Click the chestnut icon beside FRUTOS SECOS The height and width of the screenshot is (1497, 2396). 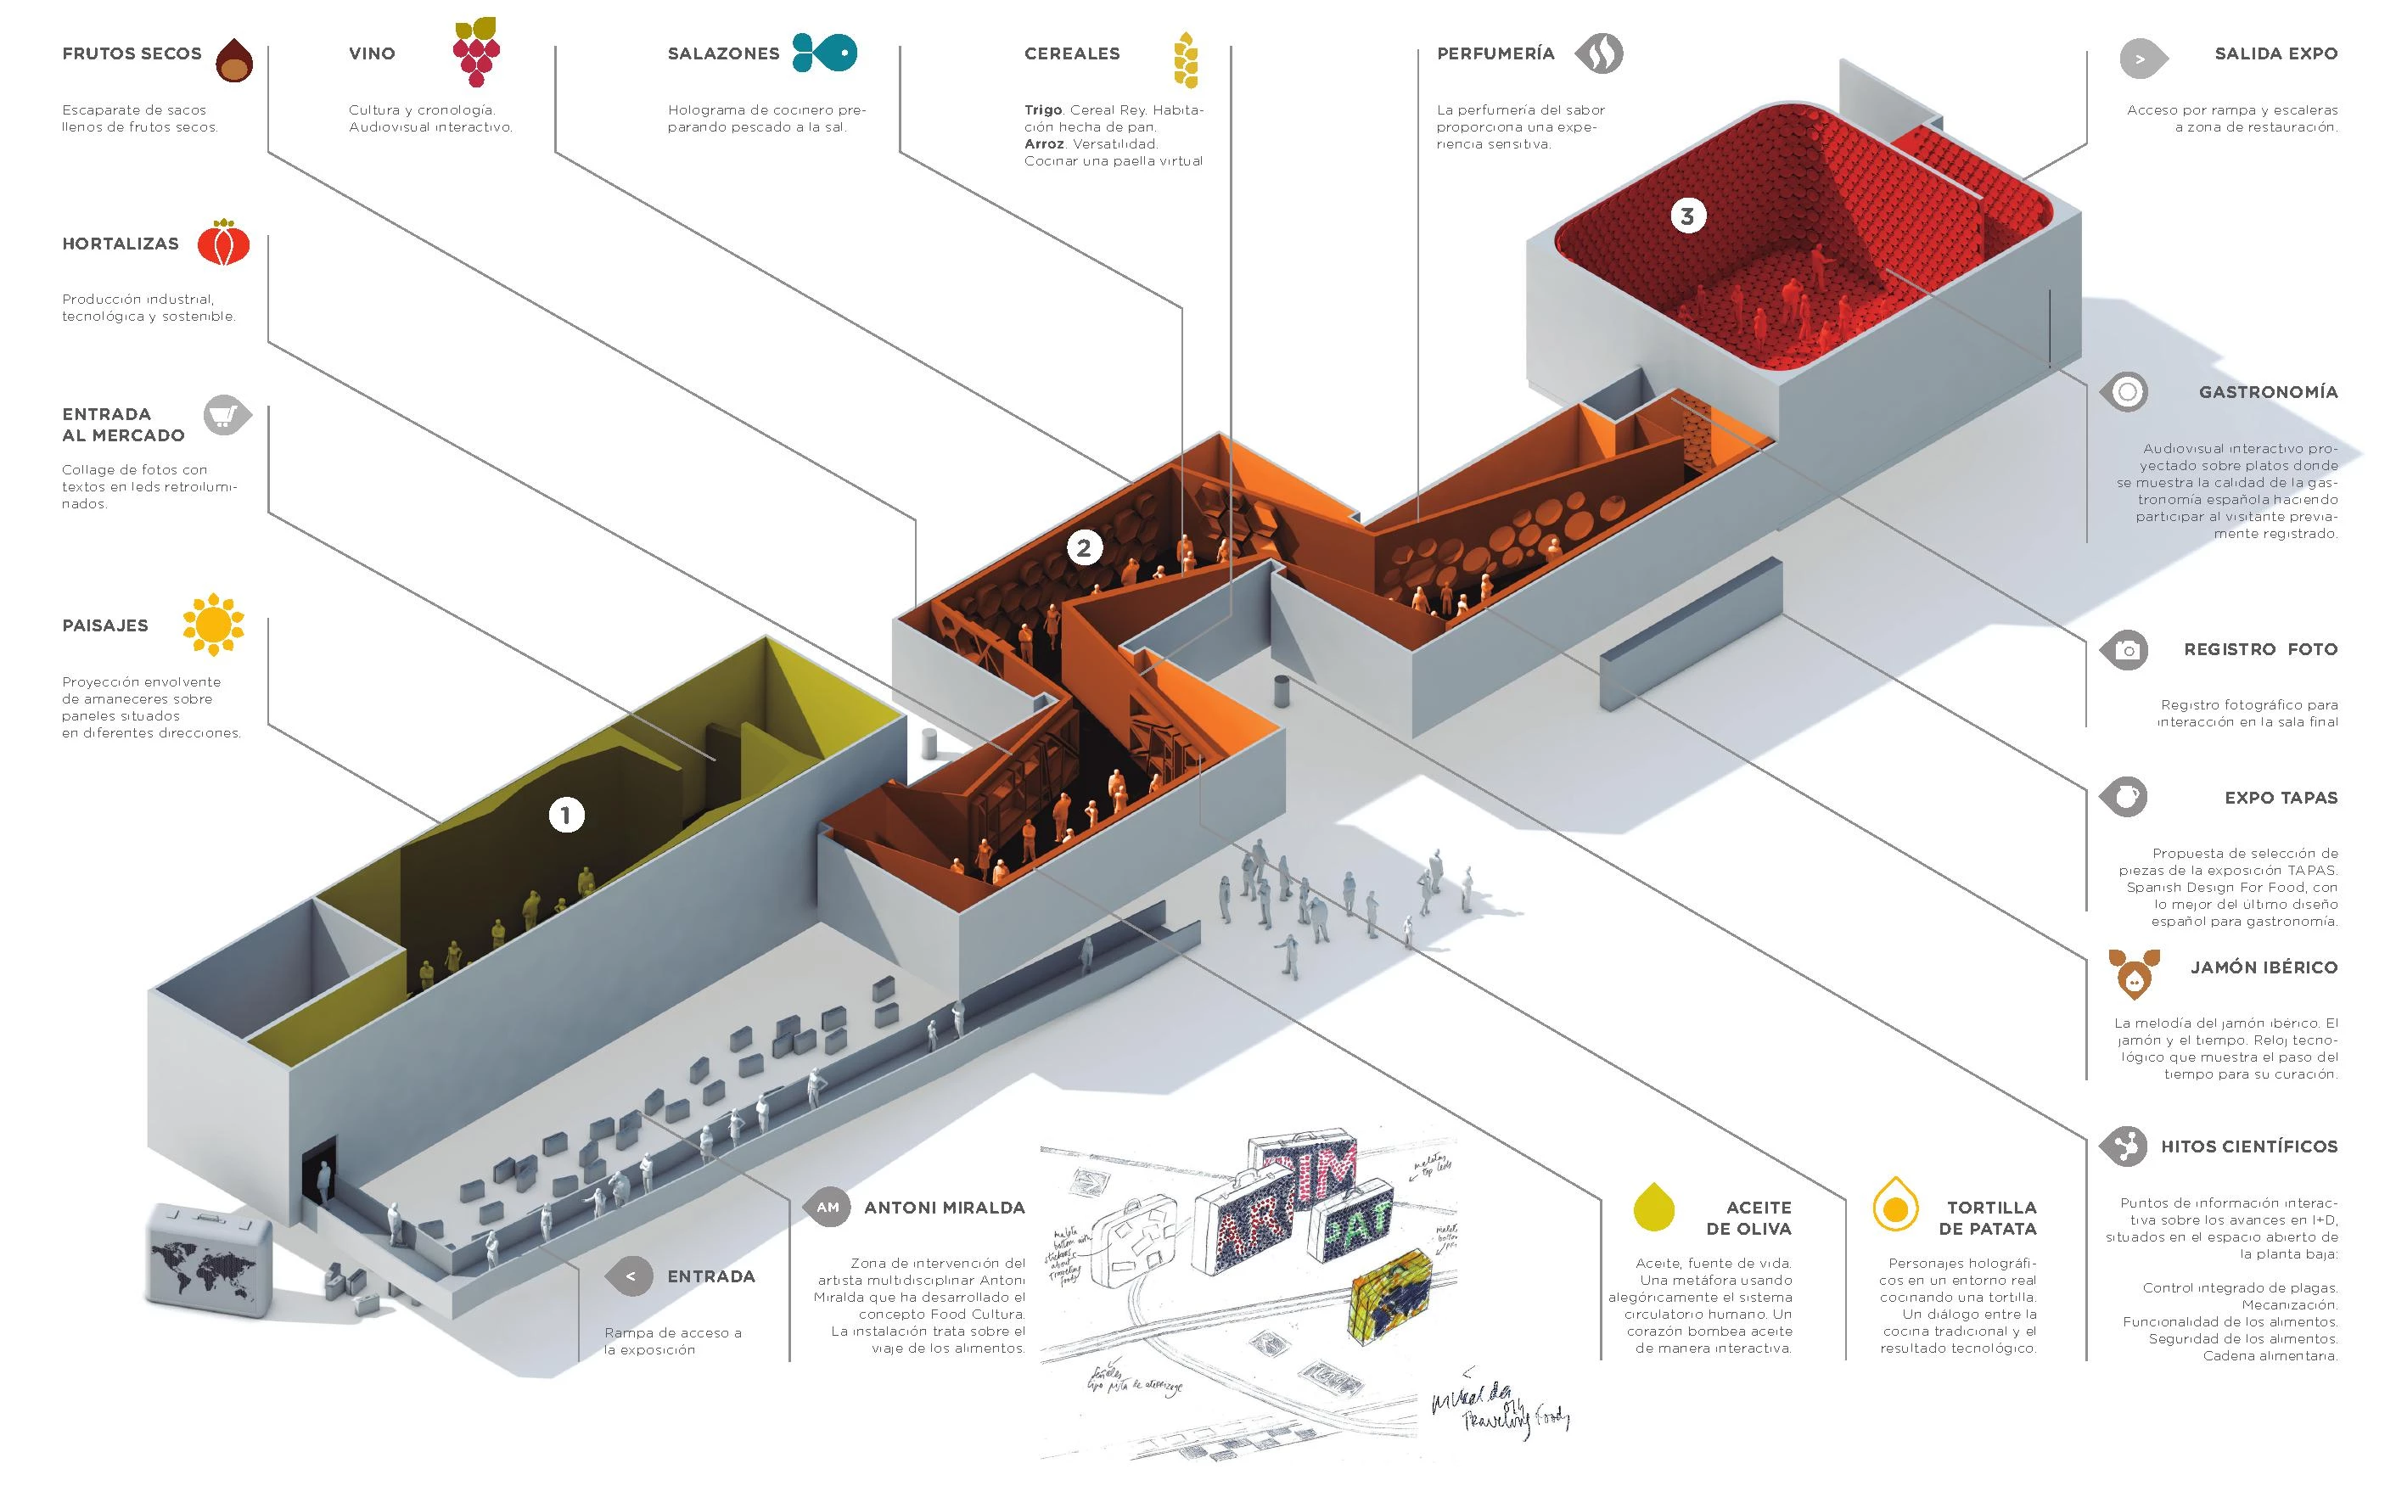234,60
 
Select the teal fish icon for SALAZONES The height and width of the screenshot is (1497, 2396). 824,53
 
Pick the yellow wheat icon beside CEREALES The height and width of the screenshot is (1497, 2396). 1185,59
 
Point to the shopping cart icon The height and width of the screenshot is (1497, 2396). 227,415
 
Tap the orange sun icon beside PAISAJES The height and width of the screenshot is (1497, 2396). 213,625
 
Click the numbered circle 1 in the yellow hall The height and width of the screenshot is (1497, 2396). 566,816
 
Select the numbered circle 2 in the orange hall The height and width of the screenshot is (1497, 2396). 1084,547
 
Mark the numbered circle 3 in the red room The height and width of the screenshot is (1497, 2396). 1688,215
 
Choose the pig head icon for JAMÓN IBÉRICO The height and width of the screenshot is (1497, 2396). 2134,973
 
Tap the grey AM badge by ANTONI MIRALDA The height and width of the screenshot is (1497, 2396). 828,1207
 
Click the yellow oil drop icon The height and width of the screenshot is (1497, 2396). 1653,1206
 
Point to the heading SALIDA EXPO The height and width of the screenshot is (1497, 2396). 2275,53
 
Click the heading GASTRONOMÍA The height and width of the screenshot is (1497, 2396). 2267,392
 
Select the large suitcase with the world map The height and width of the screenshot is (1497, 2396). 209,1259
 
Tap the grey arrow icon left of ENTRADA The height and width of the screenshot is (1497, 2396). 630,1276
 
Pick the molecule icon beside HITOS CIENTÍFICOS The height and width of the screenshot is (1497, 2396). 2124,1147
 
